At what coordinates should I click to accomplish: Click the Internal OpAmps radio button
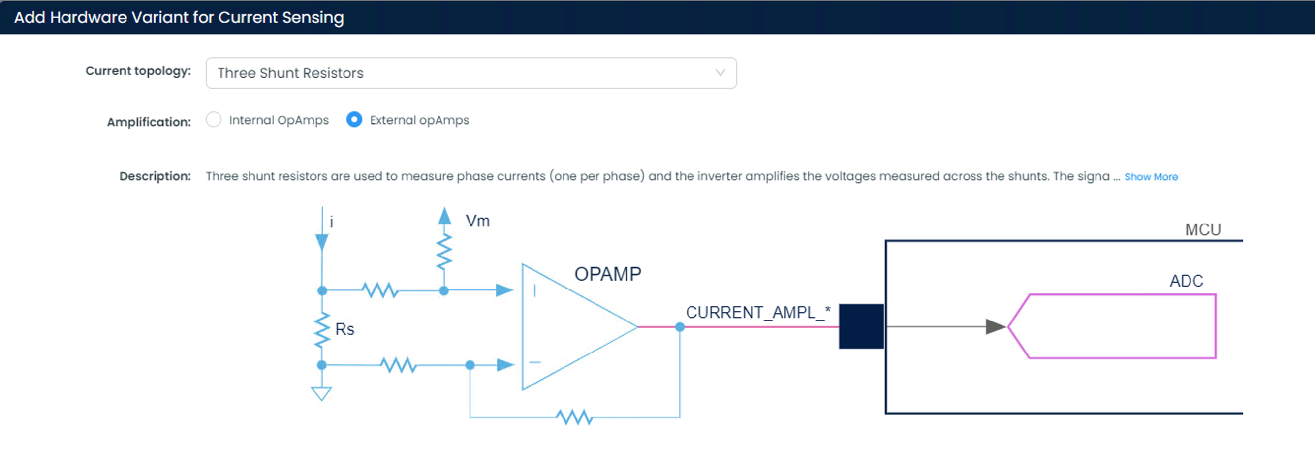214,120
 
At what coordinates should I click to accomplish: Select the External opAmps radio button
354,120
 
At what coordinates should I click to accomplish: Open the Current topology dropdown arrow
720,72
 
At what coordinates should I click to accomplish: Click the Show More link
1151,177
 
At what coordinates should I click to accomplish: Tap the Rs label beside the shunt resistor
344,329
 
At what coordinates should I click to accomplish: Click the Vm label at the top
477,221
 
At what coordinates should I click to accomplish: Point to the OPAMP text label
607,274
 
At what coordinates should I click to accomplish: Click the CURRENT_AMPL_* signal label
757,312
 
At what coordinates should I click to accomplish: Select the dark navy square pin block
861,326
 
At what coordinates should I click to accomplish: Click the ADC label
1186,281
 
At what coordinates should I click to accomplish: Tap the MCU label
1203,229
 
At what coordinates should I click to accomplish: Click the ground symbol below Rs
321,393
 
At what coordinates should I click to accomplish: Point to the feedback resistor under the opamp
574,417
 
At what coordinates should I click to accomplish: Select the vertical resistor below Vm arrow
444,251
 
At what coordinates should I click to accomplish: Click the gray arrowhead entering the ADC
995,326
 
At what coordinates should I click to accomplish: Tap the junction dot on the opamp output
680,327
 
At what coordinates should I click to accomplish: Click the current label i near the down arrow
331,222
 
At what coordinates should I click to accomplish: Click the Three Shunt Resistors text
290,73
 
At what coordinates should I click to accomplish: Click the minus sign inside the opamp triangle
534,362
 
